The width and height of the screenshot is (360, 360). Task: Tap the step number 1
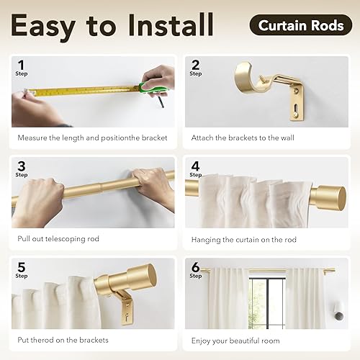click(x=21, y=65)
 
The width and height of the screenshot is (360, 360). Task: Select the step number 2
click(x=194, y=65)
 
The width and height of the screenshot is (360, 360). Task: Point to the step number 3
click(x=21, y=166)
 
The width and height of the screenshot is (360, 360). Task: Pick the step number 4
click(x=194, y=166)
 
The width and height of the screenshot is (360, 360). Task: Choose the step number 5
click(x=21, y=266)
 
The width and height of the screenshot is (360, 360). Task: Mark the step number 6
click(x=194, y=266)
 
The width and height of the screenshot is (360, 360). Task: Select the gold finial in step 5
click(x=142, y=277)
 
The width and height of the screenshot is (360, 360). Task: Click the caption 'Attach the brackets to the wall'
click(x=245, y=138)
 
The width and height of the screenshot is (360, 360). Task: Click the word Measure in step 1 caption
click(x=33, y=138)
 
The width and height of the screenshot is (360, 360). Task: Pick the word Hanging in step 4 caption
click(x=207, y=239)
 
